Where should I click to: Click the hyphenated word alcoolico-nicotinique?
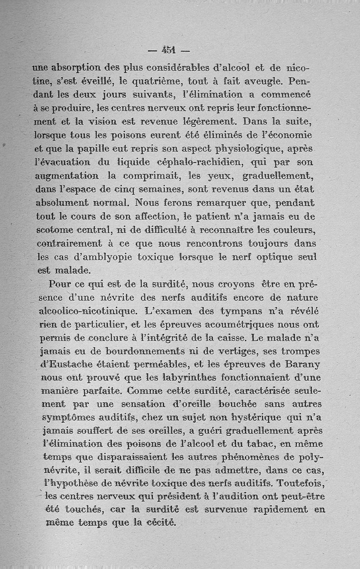click(x=86, y=310)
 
